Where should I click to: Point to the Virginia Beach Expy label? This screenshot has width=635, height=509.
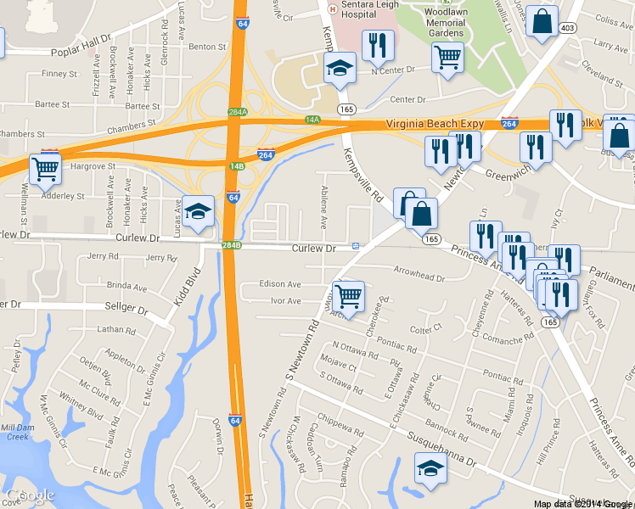pos(435,124)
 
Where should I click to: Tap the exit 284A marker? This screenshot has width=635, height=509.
pos(238,112)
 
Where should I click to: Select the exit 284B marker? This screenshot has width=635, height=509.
pos(232,245)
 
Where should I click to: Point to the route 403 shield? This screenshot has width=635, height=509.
pos(569,28)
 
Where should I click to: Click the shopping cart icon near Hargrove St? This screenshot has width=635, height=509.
pos(45,167)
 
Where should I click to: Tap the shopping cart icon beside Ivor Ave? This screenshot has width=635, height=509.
pos(347,296)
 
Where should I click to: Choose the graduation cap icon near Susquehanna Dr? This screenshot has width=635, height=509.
pos(430,468)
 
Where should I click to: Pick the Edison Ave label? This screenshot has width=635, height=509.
pos(280,284)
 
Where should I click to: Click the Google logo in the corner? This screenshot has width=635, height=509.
pos(30,495)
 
